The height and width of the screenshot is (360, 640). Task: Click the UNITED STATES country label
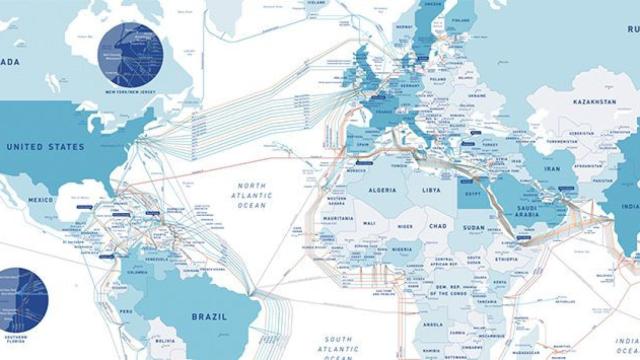[46, 146]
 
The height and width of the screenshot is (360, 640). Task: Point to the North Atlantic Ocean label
[254, 196]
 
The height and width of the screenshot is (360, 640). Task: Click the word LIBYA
[431, 189]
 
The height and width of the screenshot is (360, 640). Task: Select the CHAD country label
[437, 226]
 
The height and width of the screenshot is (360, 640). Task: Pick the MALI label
[369, 223]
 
